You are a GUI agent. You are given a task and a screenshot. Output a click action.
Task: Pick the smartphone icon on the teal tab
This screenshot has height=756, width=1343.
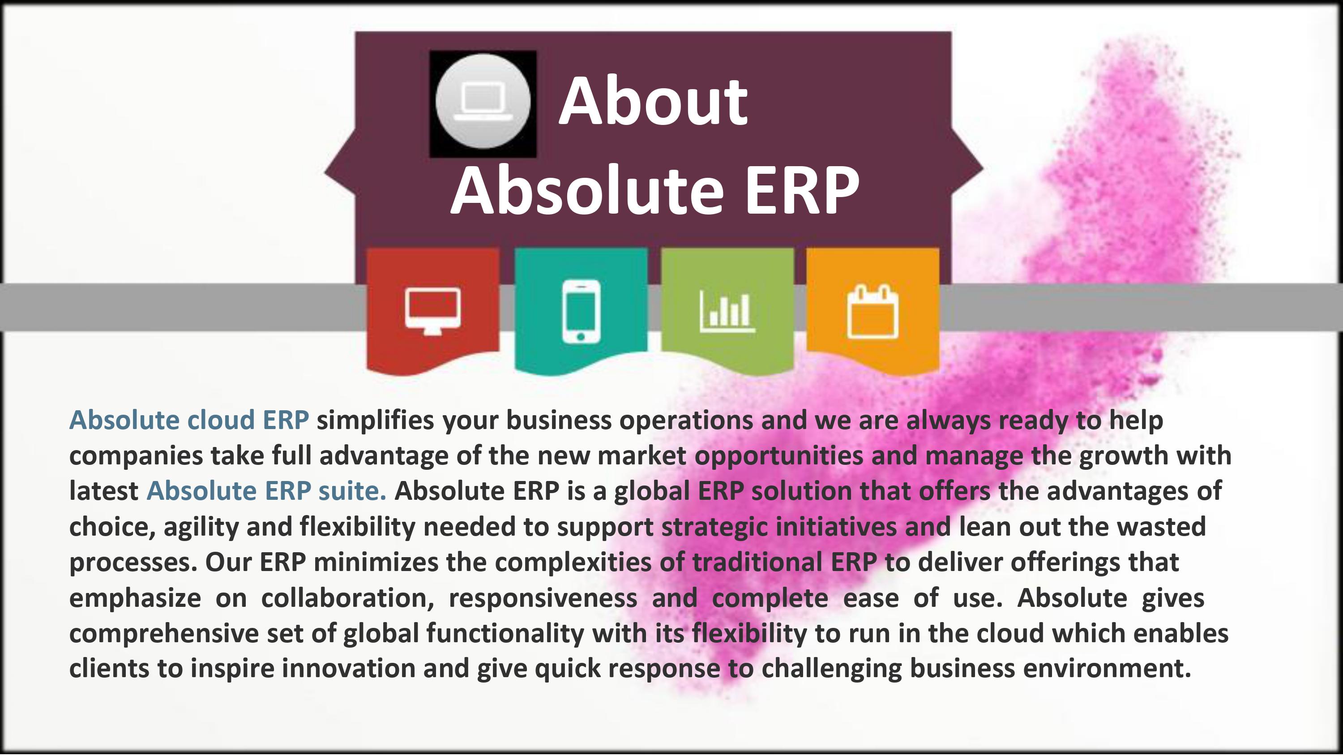[x=581, y=311]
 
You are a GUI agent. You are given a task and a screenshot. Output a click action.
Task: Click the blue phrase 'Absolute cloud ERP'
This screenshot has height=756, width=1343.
[x=189, y=420]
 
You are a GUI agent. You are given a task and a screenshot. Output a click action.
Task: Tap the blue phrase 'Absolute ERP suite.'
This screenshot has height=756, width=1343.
[x=266, y=491]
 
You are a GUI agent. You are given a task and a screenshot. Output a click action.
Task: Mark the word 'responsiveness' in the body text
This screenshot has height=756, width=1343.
[x=543, y=598]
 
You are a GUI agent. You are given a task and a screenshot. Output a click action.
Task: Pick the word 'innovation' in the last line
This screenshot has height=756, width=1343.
[x=349, y=668]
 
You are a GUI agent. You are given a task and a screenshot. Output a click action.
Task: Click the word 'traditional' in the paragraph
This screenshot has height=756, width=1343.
[x=757, y=563]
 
